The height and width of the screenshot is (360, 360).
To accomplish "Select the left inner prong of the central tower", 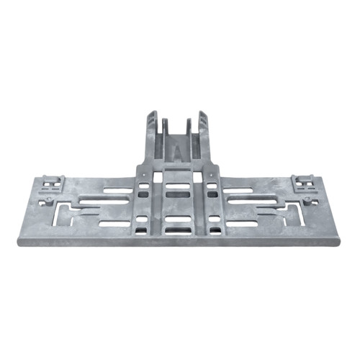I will click(x=166, y=123).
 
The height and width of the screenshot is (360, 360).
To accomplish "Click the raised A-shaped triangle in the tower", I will click(x=178, y=150).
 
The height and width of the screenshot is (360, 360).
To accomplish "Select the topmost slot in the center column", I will click(x=178, y=186).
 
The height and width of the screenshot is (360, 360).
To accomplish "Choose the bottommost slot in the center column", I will click(x=178, y=231).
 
